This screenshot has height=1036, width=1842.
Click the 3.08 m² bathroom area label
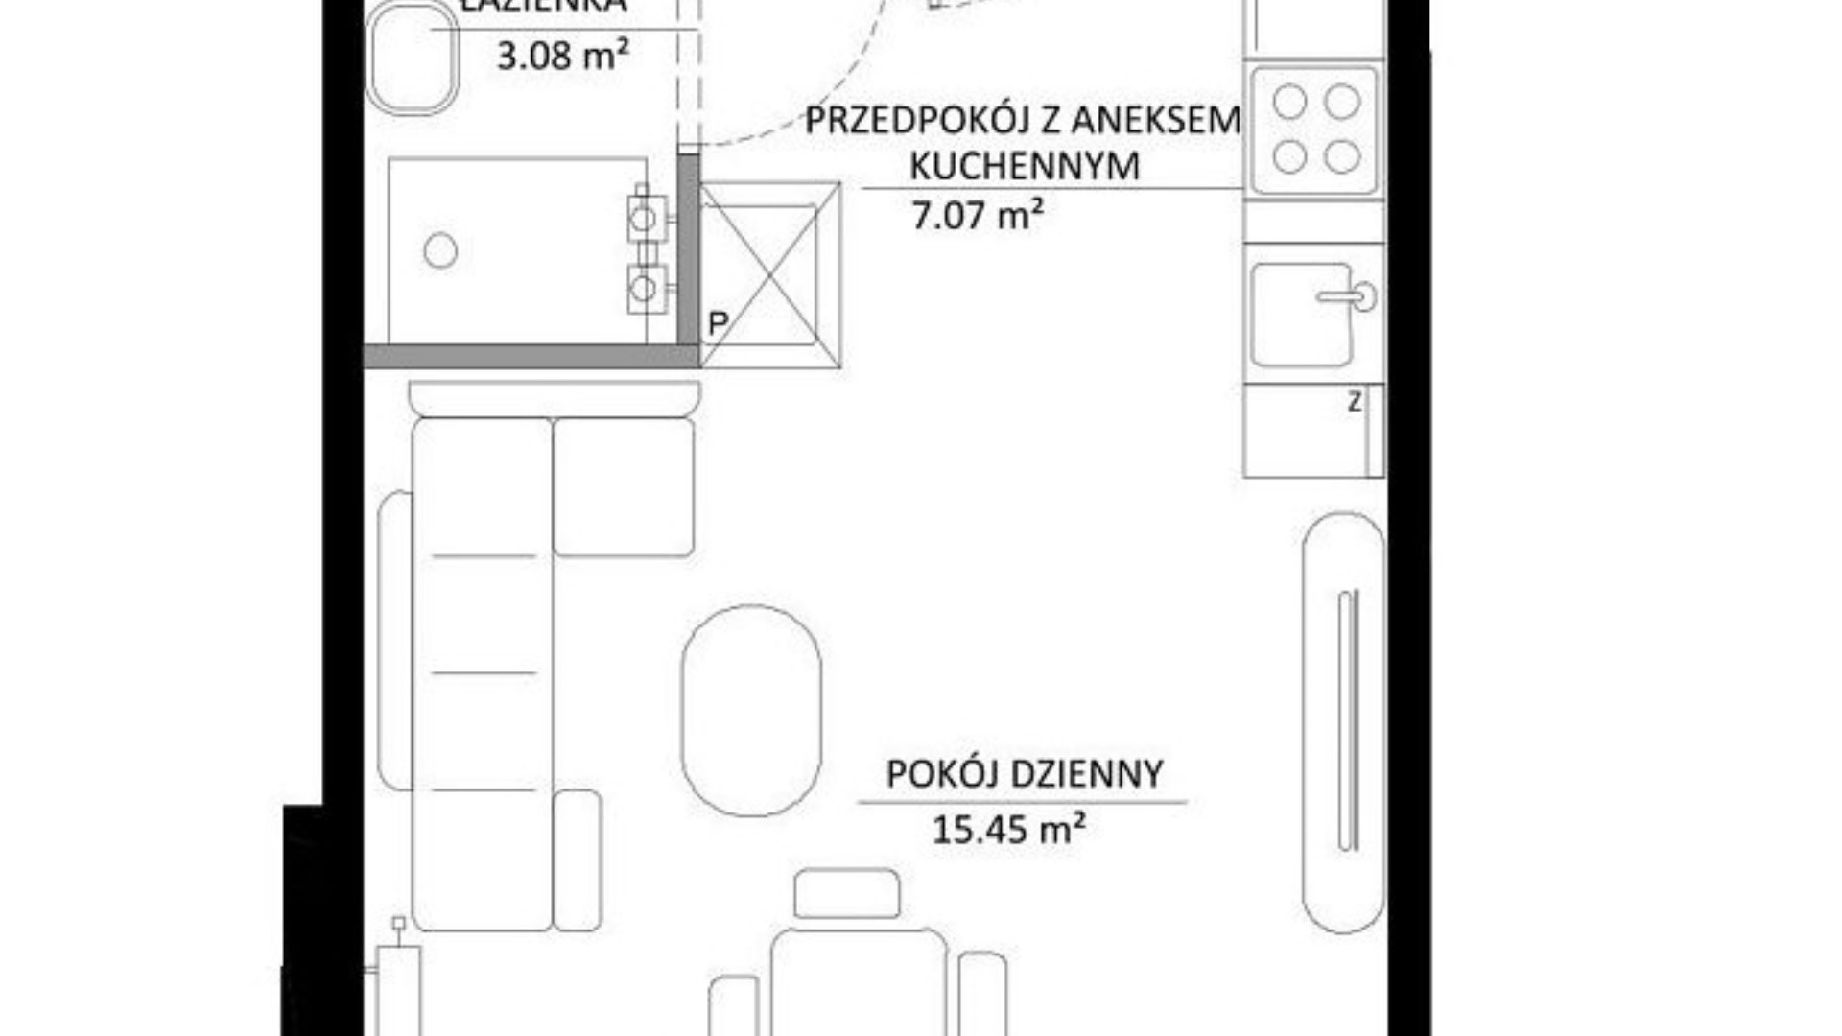coord(562,56)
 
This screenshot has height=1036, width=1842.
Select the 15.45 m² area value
coord(1008,829)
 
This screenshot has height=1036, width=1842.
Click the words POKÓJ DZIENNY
coord(1024,774)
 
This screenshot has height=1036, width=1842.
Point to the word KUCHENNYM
coord(1024,166)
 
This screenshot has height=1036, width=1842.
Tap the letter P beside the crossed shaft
coord(717,324)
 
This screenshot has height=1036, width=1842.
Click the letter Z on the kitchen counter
coord(1354,402)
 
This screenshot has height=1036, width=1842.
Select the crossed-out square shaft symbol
coord(770,274)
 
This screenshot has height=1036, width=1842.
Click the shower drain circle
coord(440,250)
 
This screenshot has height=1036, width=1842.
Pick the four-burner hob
coord(1314,129)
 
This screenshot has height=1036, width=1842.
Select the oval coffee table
coord(751,711)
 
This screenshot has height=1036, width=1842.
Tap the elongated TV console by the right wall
coord(1343,721)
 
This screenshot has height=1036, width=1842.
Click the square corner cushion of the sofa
coord(624,487)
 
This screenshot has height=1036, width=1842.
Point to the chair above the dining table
coord(847,893)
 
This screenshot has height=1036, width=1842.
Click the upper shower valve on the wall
coord(646,218)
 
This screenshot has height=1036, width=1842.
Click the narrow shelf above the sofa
coord(555,397)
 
